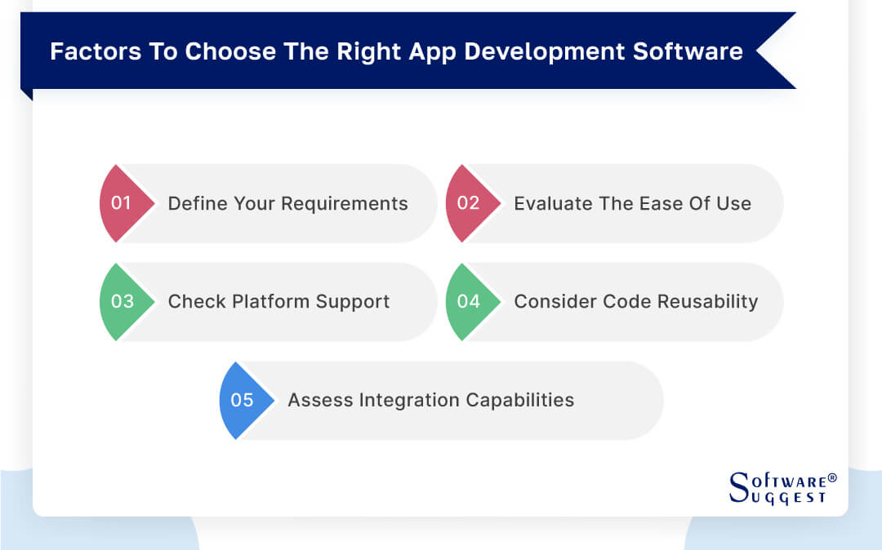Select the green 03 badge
point(122,301)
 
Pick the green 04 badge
point(469,301)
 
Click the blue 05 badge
point(243,400)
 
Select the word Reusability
point(707,301)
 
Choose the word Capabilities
point(520,400)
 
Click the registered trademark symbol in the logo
point(831,479)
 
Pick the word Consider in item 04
point(555,301)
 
